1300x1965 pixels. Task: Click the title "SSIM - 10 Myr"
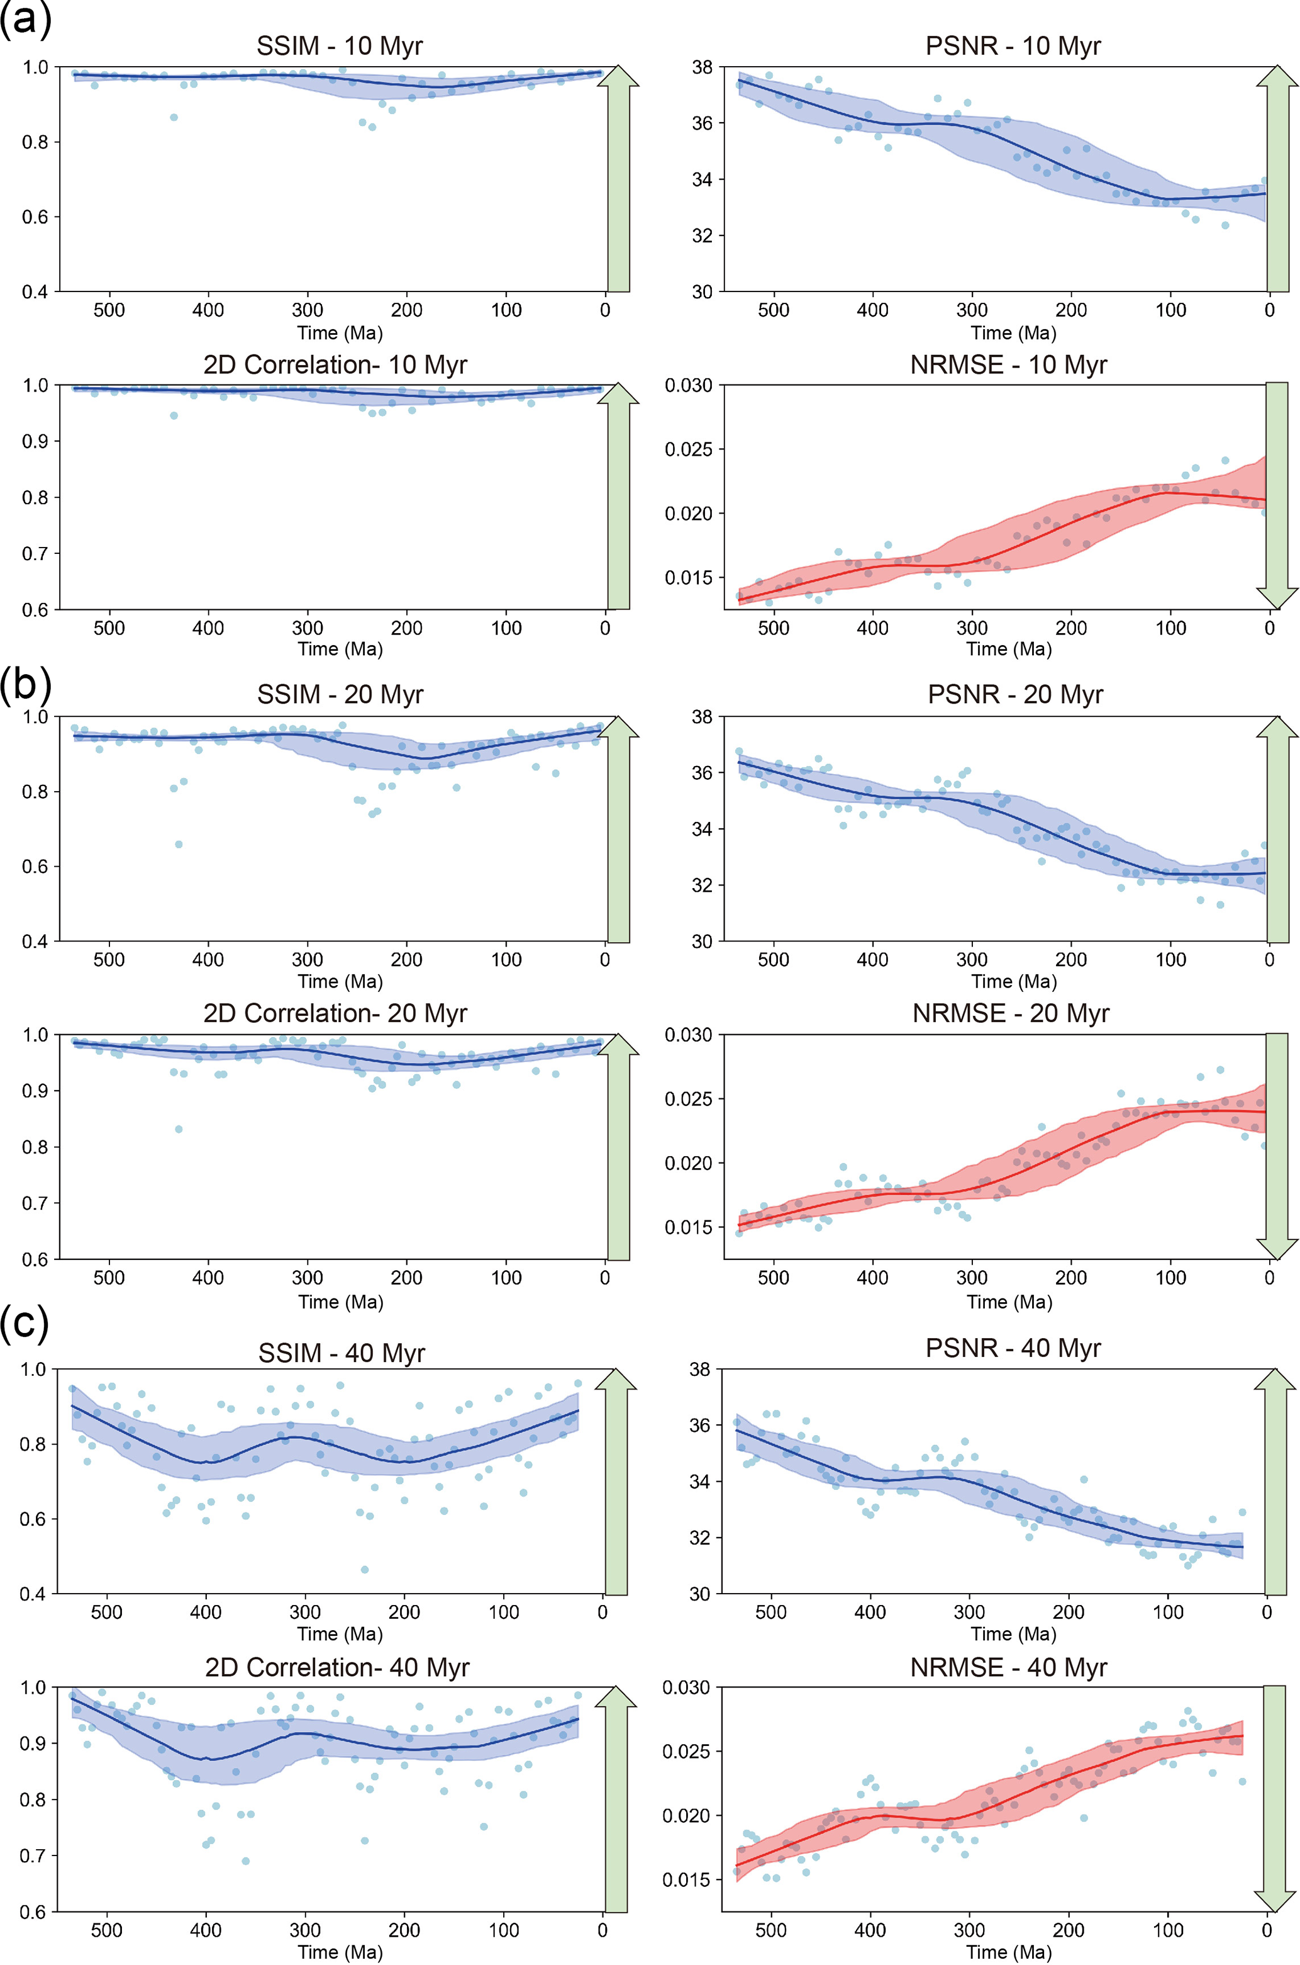[x=339, y=45]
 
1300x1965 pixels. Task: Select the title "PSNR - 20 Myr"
[x=1015, y=694]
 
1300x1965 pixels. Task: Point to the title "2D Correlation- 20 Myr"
[x=335, y=1013]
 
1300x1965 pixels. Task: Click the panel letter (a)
[x=26, y=18]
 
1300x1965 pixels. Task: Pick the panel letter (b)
[x=26, y=684]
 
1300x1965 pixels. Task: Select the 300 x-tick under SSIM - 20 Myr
[x=307, y=960]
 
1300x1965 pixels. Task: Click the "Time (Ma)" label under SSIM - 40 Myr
[x=340, y=1633]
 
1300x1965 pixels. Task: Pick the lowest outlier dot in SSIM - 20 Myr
[x=178, y=845]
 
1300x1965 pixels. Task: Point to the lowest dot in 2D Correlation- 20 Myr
[x=178, y=1129]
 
